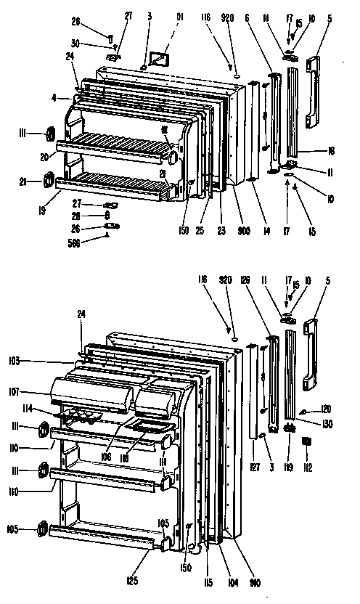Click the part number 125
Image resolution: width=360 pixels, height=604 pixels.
click(130, 580)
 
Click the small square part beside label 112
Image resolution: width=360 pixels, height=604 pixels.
click(306, 441)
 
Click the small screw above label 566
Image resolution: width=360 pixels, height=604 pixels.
click(108, 234)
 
